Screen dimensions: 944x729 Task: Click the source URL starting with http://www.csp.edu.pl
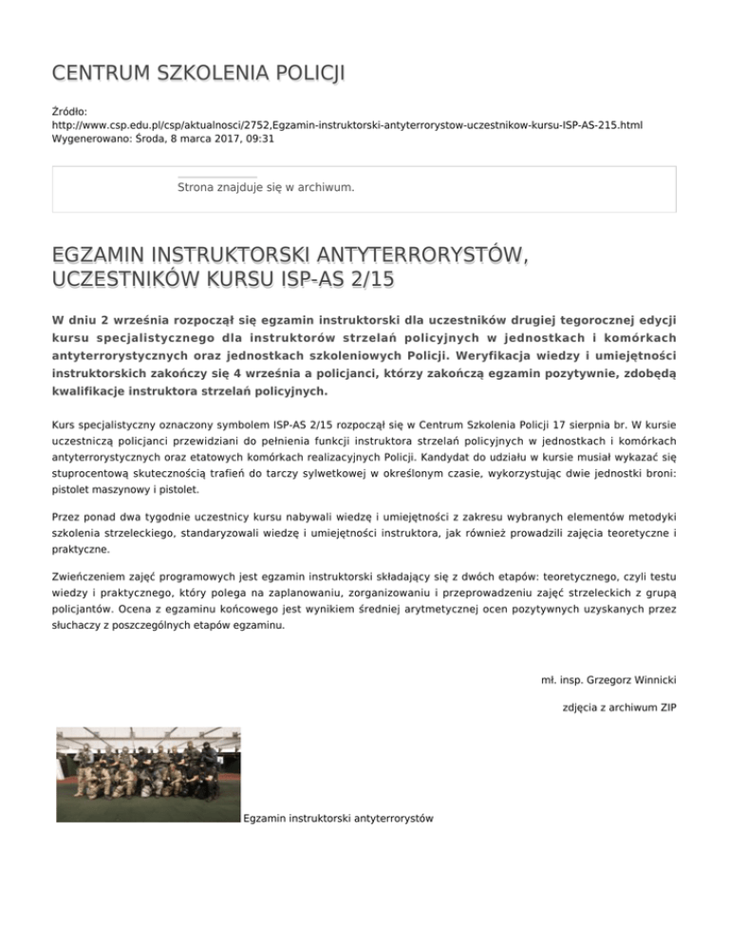tap(346, 124)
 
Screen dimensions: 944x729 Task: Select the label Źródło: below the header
tap(69, 111)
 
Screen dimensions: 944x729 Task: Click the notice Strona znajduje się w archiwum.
tap(266, 187)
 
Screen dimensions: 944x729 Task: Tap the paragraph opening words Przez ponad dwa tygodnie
tap(123, 518)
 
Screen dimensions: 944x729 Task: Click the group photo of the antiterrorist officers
tap(147, 775)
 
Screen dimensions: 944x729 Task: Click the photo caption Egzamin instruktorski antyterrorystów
tap(338, 818)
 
